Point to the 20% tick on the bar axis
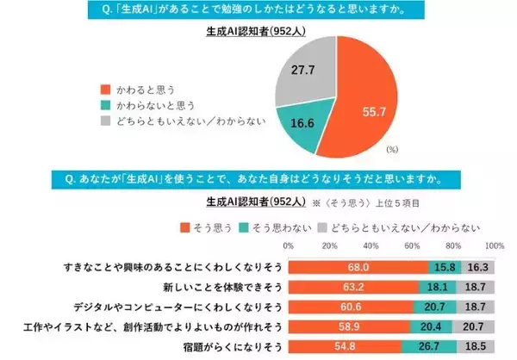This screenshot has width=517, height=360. (328, 246)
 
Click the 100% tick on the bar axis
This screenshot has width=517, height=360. (494, 246)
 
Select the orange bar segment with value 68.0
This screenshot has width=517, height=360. (357, 267)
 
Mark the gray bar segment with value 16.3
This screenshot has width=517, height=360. (477, 267)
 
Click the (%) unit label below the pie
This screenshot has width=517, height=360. (392, 149)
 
